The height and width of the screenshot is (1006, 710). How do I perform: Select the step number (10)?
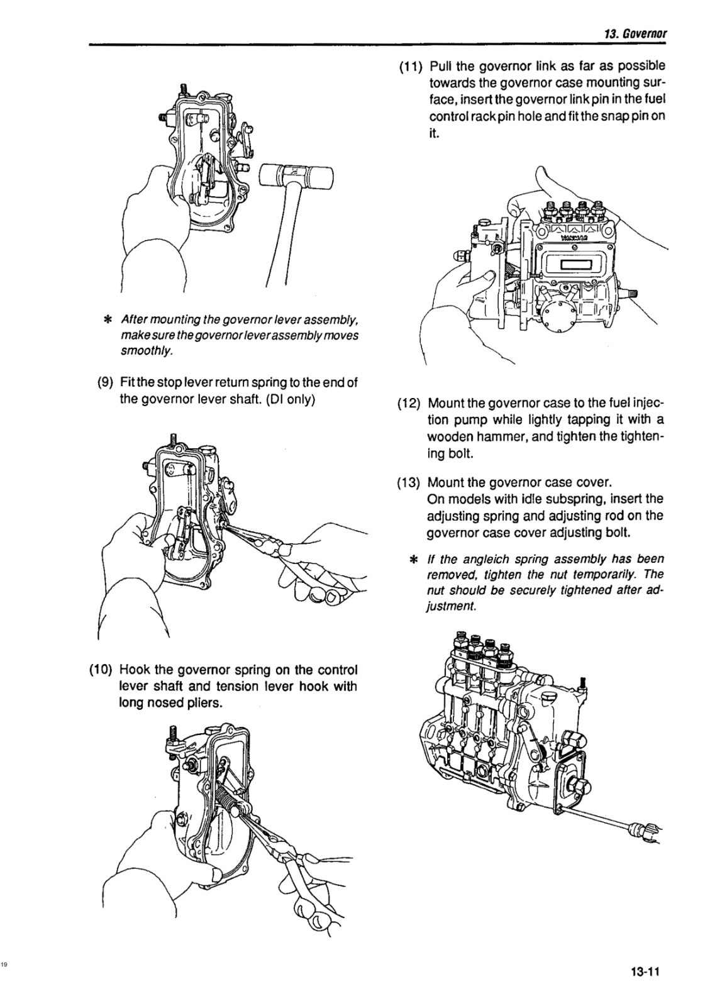coord(102,669)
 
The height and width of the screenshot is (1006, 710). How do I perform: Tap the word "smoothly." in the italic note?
coord(145,351)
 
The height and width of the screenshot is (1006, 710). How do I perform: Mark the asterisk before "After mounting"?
coord(108,319)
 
